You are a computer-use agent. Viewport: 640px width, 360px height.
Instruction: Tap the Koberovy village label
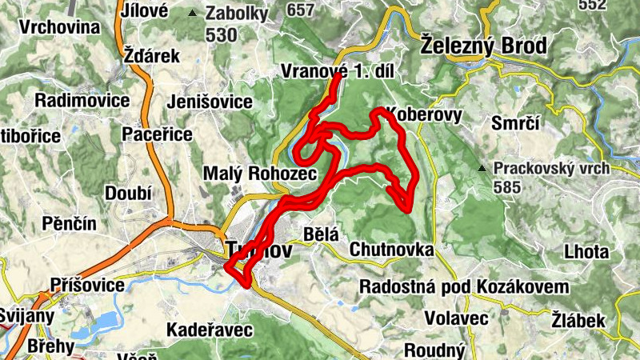point(425,114)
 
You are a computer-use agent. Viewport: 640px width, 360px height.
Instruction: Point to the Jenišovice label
point(210,102)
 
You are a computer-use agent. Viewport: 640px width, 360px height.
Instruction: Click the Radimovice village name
point(82,101)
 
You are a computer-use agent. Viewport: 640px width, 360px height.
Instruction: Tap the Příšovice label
point(86,285)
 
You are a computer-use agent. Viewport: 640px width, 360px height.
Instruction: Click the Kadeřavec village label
point(209,330)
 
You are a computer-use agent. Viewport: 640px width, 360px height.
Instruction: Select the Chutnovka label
point(391,250)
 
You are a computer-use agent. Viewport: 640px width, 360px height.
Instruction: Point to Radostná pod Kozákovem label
point(464,286)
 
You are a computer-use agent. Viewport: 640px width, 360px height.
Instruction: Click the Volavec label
point(456,318)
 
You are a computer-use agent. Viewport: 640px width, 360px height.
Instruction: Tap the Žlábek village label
point(579,321)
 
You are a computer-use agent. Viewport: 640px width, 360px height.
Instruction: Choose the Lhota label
point(586,251)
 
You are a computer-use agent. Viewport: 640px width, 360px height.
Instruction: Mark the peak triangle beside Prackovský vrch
point(482,168)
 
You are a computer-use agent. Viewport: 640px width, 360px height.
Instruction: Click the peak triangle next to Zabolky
point(192,13)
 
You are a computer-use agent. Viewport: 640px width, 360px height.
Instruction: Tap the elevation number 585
point(508,188)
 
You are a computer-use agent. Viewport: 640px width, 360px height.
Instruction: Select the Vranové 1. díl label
point(338,71)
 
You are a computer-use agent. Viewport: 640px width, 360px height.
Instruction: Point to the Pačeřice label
point(157,134)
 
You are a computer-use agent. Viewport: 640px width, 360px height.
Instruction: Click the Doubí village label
point(128,193)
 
